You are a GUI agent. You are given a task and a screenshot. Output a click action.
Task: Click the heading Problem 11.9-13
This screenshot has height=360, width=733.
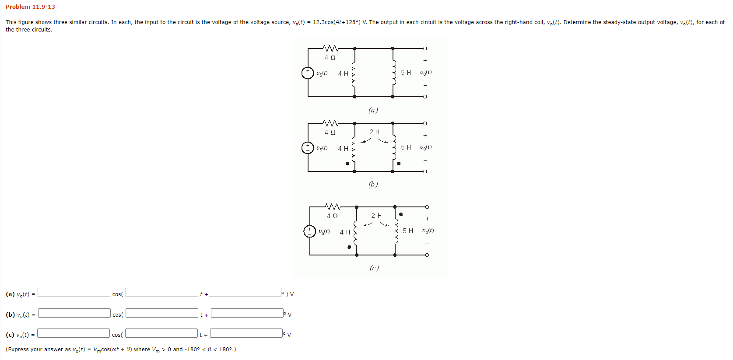click(30, 7)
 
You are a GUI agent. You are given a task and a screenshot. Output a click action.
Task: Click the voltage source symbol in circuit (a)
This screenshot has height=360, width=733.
click(308, 73)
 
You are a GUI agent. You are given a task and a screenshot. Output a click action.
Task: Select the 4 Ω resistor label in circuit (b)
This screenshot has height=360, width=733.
click(330, 133)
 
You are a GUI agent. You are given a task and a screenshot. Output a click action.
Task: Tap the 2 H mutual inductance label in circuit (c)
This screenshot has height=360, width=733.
click(376, 216)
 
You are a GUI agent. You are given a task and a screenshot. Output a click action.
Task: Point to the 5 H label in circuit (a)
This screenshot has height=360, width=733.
click(406, 73)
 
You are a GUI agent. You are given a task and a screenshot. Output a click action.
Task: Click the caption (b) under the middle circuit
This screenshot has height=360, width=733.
click(373, 184)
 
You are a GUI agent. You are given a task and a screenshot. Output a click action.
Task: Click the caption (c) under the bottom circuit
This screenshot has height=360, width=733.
click(374, 268)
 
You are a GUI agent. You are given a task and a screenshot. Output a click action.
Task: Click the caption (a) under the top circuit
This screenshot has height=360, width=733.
click(373, 110)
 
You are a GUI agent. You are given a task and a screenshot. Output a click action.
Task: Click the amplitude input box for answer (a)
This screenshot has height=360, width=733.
click(74, 293)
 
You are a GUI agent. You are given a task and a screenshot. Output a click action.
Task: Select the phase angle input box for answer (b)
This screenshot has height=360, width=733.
click(247, 313)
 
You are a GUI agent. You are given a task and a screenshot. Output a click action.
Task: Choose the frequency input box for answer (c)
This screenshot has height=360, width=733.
click(161, 333)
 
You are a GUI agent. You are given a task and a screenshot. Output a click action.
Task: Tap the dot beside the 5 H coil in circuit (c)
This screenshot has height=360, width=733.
click(401, 214)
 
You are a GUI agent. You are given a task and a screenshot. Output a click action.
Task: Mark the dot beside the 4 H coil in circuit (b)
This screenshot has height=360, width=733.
click(347, 164)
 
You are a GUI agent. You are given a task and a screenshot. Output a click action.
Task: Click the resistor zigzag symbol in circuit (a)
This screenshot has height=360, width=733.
click(330, 48)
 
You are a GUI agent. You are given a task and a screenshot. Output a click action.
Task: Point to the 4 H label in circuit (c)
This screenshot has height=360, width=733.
click(345, 232)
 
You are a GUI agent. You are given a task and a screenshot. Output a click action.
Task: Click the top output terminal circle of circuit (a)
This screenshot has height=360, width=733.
click(425, 49)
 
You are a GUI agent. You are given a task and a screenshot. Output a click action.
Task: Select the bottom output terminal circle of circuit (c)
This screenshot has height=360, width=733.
click(427, 255)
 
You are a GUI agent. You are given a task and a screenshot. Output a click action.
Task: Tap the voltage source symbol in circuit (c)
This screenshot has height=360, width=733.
click(309, 231)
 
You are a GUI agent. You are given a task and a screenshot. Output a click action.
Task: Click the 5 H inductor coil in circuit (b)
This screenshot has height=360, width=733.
click(394, 147)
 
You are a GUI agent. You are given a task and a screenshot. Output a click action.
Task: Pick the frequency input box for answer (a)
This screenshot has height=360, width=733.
click(162, 293)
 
